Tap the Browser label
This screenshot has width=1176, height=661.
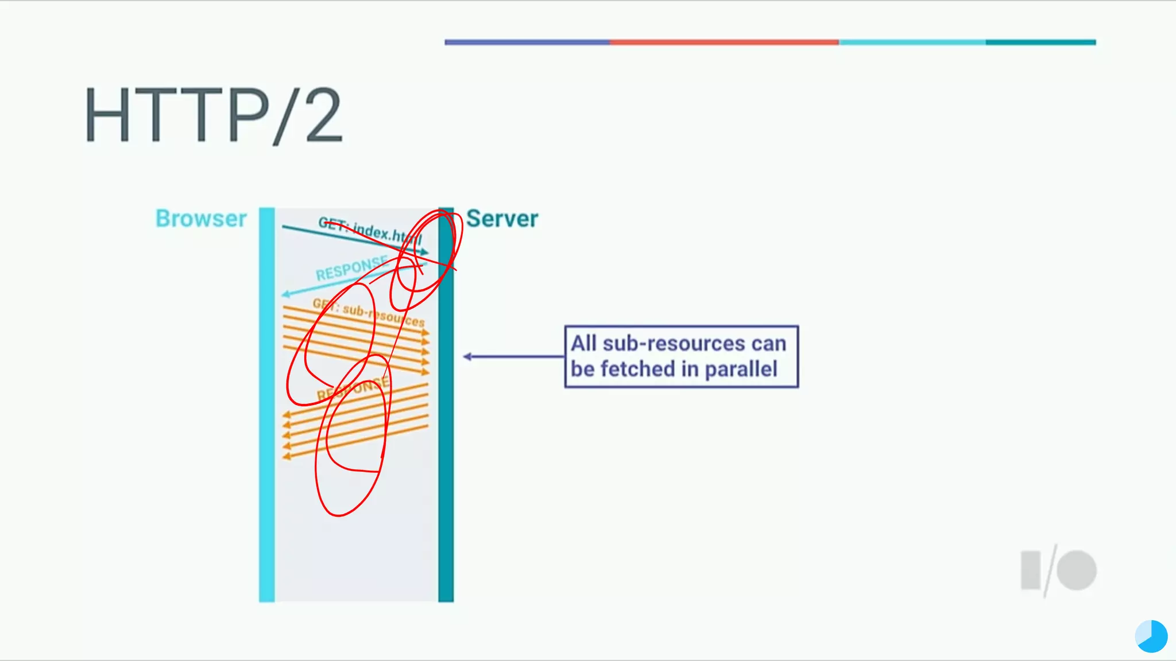[201, 219]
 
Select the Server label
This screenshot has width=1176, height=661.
[502, 219]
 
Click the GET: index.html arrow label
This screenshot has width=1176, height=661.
[370, 231]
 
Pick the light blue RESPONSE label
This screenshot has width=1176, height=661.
[351, 269]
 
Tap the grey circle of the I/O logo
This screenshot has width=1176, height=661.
[1077, 570]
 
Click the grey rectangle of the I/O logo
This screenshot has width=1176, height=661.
[1031, 570]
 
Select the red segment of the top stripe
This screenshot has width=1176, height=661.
[724, 42]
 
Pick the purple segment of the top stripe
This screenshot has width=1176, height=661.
[527, 42]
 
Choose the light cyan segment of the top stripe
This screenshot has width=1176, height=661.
[912, 42]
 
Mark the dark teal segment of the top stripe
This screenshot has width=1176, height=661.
[1040, 42]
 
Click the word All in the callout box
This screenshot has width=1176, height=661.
[584, 343]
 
